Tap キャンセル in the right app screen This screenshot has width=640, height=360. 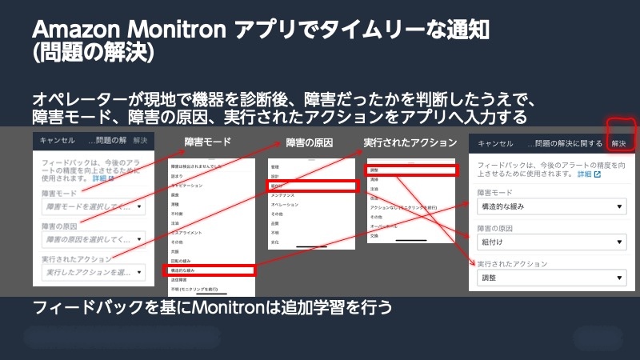(494, 143)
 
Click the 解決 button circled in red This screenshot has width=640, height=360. (619, 143)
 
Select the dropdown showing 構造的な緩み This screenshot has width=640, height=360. (549, 207)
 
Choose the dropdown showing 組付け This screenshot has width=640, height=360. (549, 242)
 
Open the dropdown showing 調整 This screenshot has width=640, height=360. (549, 278)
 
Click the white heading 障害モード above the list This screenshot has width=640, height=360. (207, 142)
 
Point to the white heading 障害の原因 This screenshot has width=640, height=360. (309, 142)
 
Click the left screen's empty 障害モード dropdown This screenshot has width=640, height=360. (93, 207)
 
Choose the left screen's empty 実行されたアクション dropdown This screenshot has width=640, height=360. (93, 274)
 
